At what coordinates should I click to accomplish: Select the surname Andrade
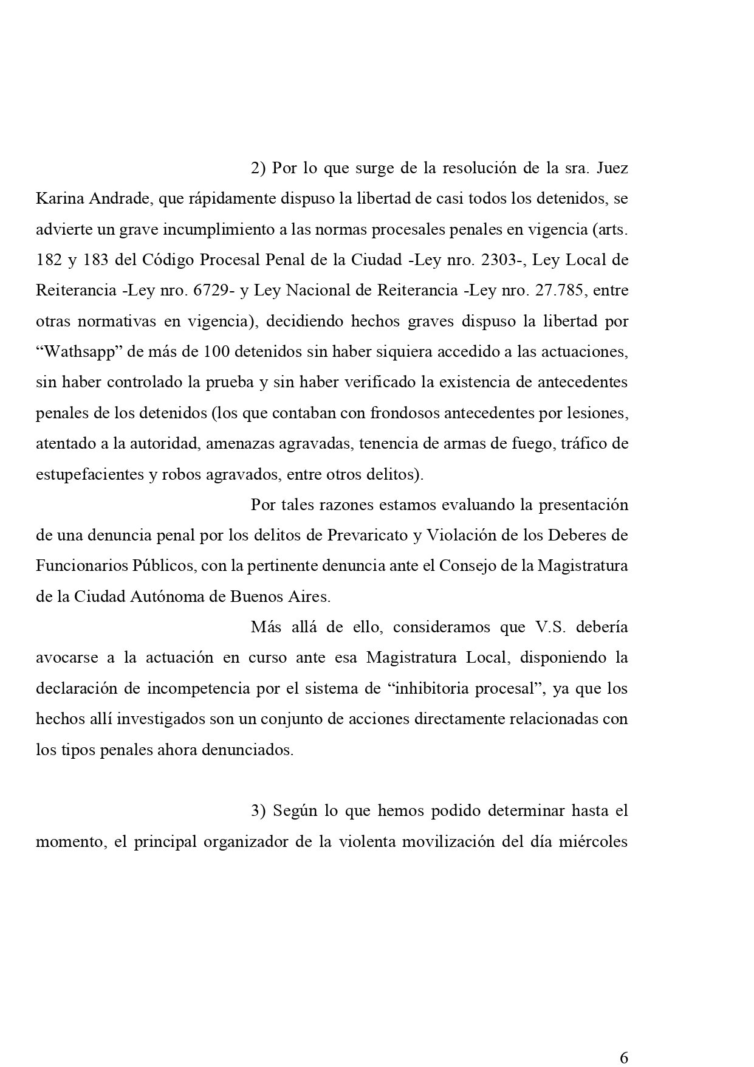click(x=110, y=199)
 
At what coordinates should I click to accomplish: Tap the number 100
click(x=216, y=352)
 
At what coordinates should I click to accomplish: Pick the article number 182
click(x=49, y=260)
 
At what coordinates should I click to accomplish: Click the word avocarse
click(x=65, y=658)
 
